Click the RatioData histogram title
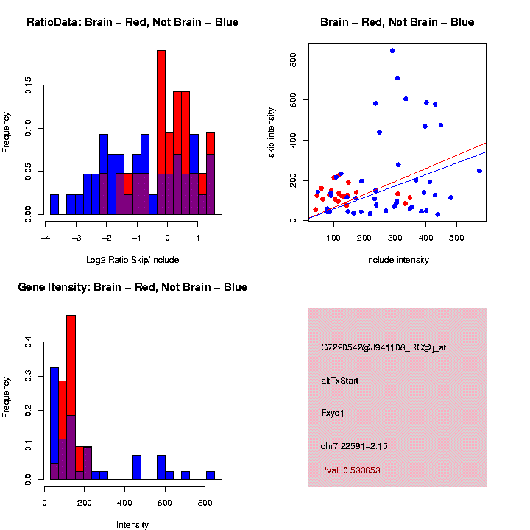132,22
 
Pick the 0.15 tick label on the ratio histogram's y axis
29,87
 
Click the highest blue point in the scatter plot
392,51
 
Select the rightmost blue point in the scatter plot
479,171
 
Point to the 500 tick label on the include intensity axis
456,238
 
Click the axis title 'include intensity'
397,259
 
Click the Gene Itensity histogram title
132,287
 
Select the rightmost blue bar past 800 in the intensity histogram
211,475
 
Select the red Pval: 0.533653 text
350,470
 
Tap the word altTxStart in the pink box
340,381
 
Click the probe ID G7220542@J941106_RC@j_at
384,347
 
